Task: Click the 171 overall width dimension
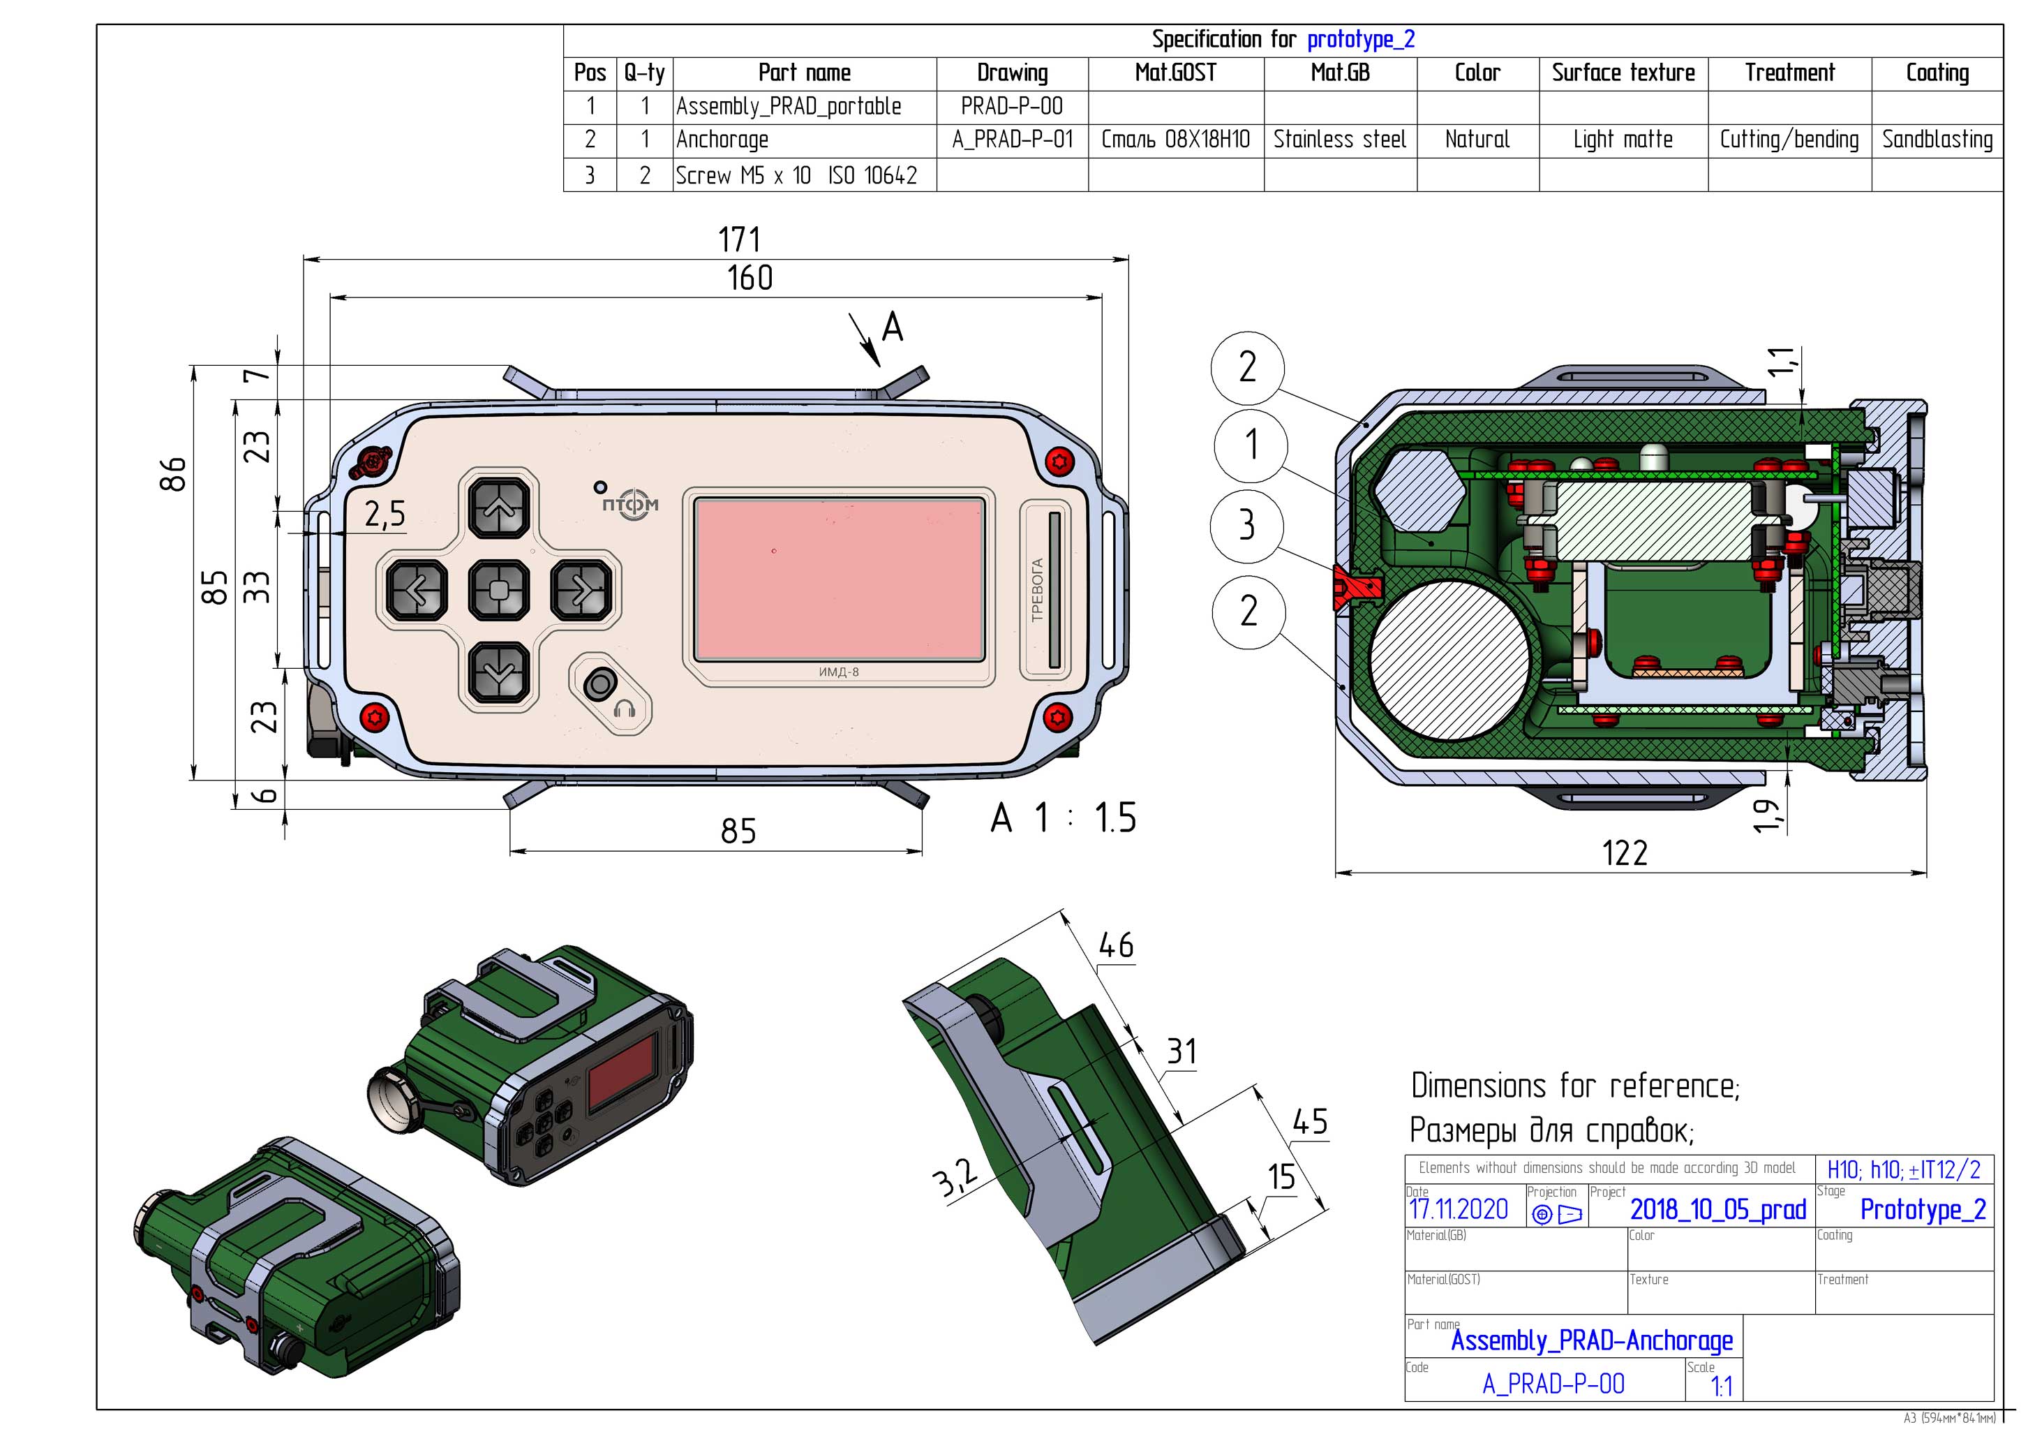738,239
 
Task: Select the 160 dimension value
749,279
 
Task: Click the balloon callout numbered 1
1250,445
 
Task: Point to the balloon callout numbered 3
1246,525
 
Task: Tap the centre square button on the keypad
499,589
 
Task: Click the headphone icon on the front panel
625,709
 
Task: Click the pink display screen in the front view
839,579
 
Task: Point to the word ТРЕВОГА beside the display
1038,589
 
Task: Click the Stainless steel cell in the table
1339,140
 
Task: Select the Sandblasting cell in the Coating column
1937,140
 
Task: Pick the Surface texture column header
1623,73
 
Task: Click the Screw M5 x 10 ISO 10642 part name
796,175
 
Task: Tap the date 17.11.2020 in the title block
1459,1210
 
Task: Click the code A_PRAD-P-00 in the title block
1553,1384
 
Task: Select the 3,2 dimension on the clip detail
955,1178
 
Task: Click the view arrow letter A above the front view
892,328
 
